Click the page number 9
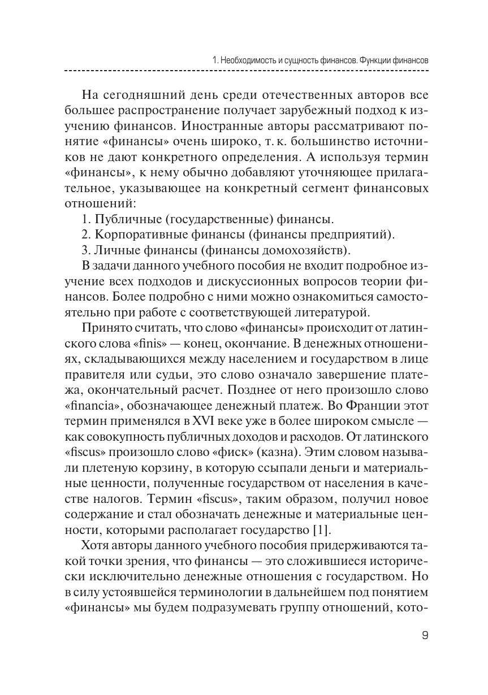[425, 636]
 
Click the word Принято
[106, 327]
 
